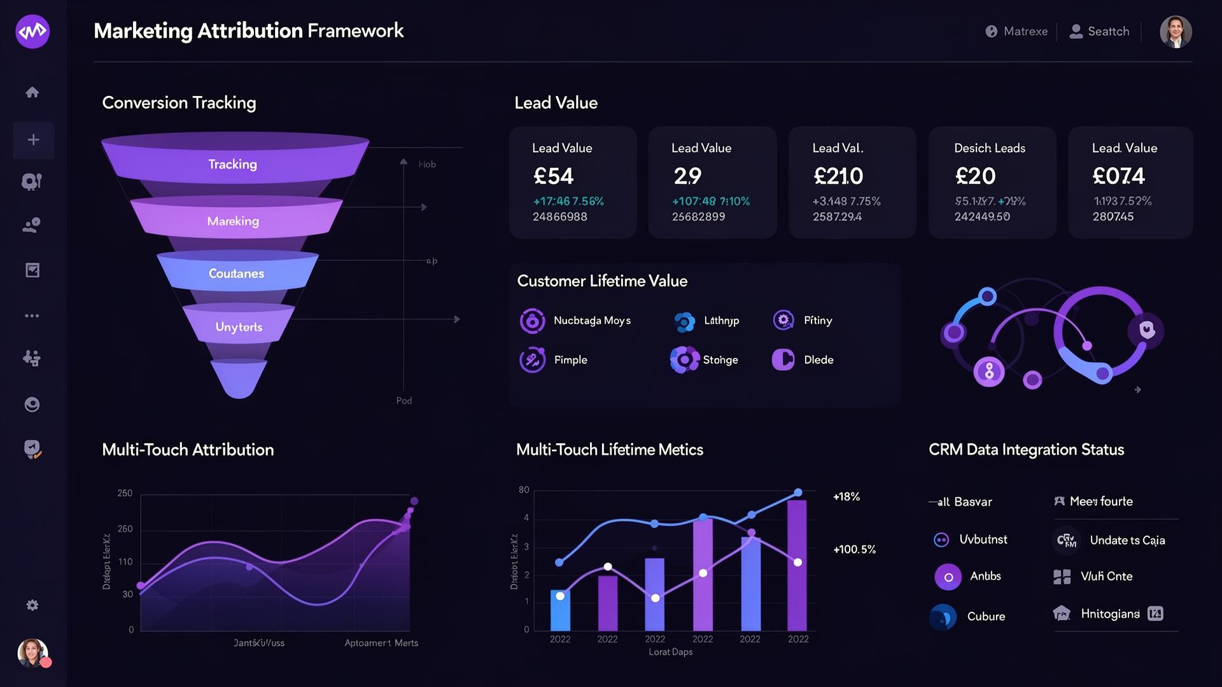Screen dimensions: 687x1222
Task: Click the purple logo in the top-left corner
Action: click(32, 31)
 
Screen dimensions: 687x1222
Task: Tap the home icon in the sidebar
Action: click(32, 92)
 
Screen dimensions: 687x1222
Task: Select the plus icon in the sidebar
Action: click(33, 140)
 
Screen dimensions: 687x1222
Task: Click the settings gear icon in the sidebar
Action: click(32, 605)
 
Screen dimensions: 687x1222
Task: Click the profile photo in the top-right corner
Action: click(1175, 32)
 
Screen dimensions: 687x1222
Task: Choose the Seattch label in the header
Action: click(1107, 31)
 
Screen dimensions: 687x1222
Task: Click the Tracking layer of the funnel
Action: click(233, 164)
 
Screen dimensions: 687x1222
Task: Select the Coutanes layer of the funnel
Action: click(236, 274)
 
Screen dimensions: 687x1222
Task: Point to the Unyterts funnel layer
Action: click(239, 327)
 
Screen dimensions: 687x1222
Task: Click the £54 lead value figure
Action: click(553, 176)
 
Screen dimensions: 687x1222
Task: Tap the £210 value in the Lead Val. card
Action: click(838, 176)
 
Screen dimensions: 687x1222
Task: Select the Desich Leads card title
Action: click(989, 148)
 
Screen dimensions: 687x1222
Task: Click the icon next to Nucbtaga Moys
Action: click(532, 321)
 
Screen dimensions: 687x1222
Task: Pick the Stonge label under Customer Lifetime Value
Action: click(720, 360)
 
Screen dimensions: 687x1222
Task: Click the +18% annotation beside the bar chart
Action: click(846, 497)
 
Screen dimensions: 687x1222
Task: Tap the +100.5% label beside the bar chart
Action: click(854, 550)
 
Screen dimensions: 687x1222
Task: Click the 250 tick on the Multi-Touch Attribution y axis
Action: click(125, 493)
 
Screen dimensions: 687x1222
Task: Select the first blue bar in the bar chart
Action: click(560, 611)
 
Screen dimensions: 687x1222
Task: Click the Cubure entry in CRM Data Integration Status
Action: click(985, 616)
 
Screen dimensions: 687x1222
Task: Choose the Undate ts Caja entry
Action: click(1127, 541)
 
